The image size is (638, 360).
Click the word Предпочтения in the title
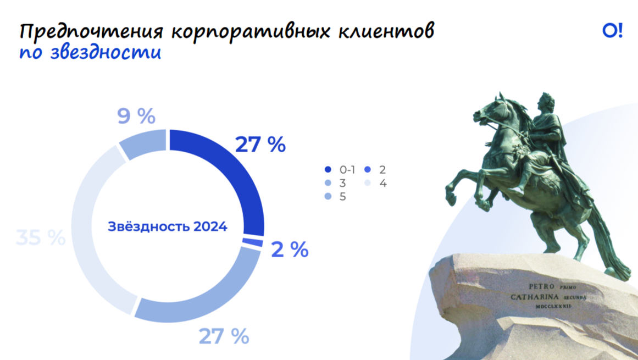(x=92, y=32)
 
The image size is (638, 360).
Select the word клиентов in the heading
(x=386, y=31)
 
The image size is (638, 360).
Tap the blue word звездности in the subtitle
(x=106, y=53)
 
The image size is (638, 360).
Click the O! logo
(x=612, y=31)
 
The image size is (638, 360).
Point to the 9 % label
(x=136, y=116)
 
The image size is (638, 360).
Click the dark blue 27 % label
(x=260, y=145)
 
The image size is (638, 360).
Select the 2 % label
(x=290, y=249)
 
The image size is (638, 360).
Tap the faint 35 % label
(x=41, y=237)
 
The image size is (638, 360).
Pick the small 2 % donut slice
(x=253, y=242)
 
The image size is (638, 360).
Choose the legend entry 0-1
(x=340, y=170)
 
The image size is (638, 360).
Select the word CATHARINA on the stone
(x=535, y=297)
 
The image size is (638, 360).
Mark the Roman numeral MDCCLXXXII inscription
(x=553, y=306)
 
